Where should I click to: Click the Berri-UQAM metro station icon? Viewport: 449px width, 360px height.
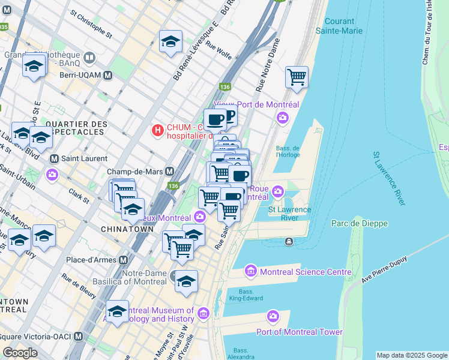click(x=108, y=76)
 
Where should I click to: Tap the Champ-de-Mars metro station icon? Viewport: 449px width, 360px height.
click(x=170, y=172)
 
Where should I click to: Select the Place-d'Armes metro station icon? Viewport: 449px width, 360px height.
click(x=124, y=260)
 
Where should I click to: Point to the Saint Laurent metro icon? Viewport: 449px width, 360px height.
click(x=54, y=159)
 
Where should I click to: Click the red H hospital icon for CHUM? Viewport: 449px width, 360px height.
click(x=157, y=129)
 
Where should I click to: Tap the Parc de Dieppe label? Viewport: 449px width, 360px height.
click(x=360, y=224)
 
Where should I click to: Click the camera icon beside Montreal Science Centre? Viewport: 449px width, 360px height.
click(x=252, y=271)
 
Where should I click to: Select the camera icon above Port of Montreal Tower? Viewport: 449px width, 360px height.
click(x=274, y=316)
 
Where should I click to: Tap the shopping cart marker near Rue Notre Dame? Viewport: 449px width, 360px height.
click(x=297, y=77)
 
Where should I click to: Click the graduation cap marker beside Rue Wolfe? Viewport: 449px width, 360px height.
click(x=170, y=42)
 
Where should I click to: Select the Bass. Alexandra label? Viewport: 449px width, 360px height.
click(x=241, y=353)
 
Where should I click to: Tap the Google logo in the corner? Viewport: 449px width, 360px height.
click(x=20, y=353)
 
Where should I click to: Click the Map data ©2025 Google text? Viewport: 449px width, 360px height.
click(x=411, y=355)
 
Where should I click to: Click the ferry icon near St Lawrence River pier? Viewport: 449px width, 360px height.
click(x=289, y=241)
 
